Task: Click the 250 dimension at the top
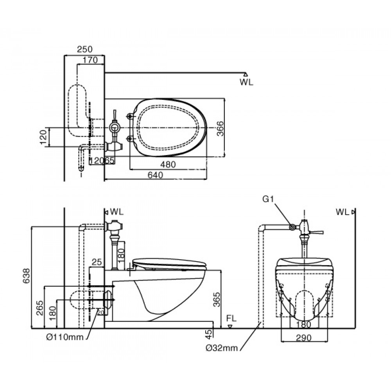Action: (84, 49)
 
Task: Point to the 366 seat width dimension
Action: (220, 128)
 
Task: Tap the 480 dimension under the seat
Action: (168, 165)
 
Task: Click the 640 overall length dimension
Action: (155, 176)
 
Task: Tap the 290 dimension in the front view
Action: (304, 338)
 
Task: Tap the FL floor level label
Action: (231, 319)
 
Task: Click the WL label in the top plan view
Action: (246, 82)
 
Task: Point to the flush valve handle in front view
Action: (318, 232)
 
